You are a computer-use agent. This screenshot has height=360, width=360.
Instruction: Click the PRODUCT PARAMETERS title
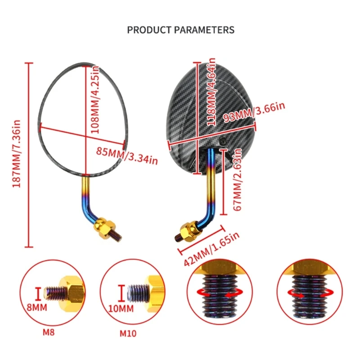click(x=180, y=30)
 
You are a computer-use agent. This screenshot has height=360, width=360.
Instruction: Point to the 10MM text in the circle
click(x=121, y=309)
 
